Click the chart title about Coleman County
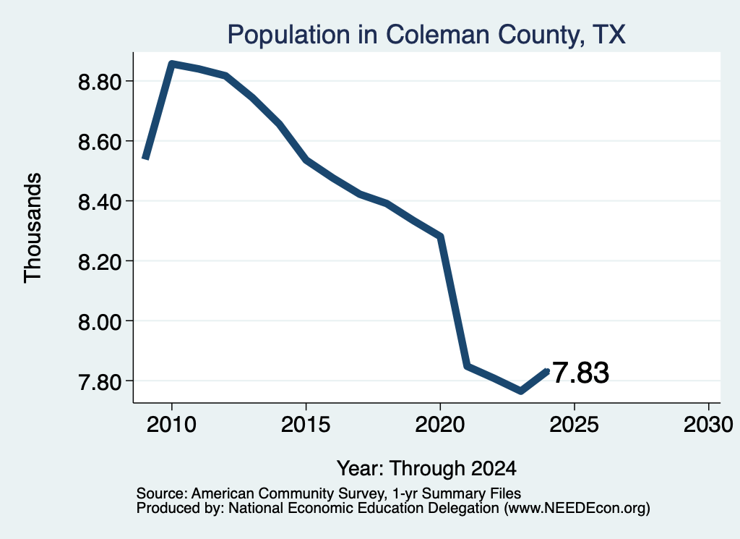(426, 35)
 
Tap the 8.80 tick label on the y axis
(100, 82)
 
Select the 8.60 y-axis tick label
(100, 142)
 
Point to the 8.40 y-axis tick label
(100, 202)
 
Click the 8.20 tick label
(100, 262)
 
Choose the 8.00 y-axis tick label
(100, 322)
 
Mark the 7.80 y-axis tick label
(100, 382)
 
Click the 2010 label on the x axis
(171, 425)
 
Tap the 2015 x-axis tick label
(306, 425)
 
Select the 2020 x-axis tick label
(440, 425)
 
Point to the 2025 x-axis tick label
(574, 425)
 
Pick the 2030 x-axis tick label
(708, 425)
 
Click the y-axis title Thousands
(33, 228)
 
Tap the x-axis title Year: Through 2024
(426, 469)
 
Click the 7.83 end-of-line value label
(580, 373)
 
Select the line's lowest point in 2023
(520, 391)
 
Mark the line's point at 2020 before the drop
(440, 236)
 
